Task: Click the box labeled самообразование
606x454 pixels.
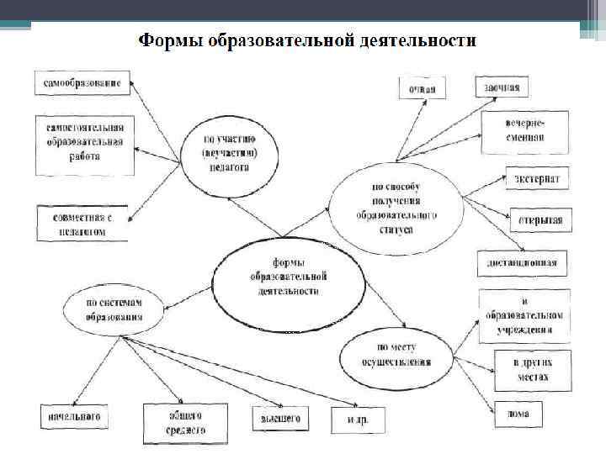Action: point(82,83)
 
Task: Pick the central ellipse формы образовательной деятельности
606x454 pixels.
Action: point(288,277)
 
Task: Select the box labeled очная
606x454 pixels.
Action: point(422,87)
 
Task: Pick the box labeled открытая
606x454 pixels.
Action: point(540,220)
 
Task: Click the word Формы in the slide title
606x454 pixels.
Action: point(167,40)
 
